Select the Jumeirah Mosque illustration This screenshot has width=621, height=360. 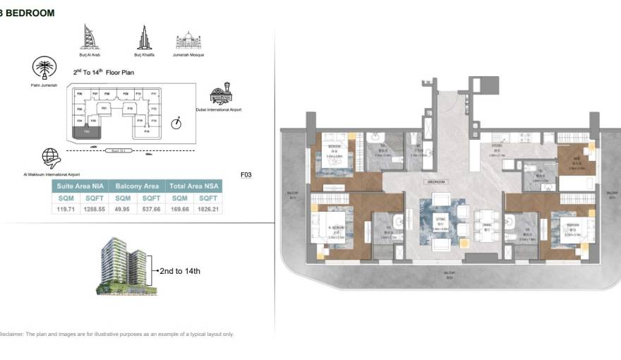[x=188, y=40]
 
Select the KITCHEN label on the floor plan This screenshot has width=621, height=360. [x=497, y=147]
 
